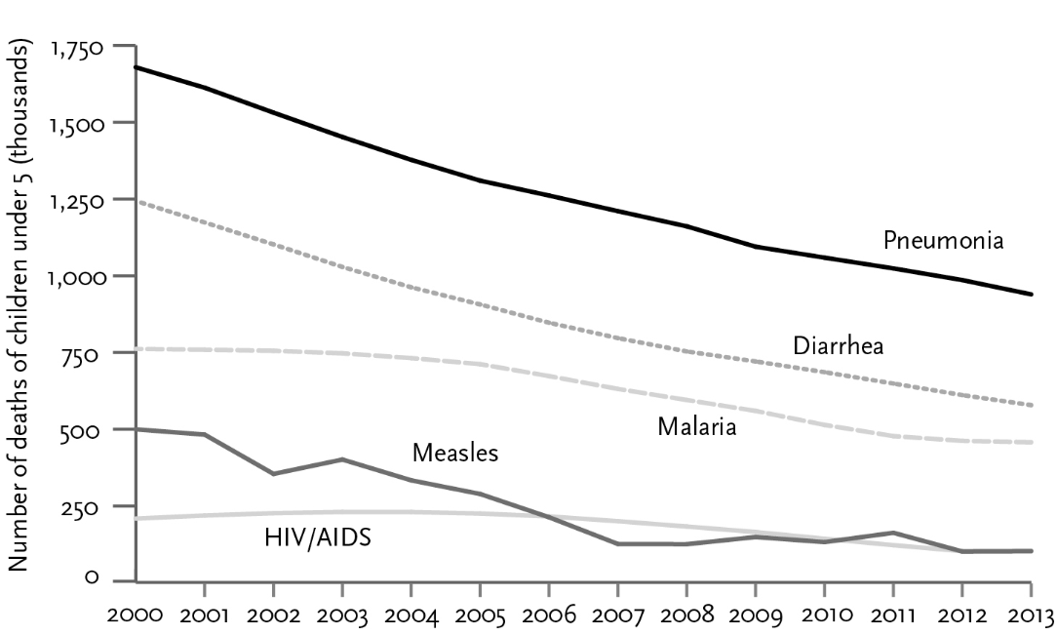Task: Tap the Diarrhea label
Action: tap(838, 346)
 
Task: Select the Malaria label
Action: tap(696, 426)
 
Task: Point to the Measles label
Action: tap(455, 454)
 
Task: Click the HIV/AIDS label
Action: tap(318, 537)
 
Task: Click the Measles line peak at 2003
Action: tap(342, 458)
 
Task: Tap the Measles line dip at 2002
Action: tap(274, 474)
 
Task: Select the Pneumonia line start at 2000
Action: tap(137, 67)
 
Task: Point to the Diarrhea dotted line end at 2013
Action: tap(1032, 405)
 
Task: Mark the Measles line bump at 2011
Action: tap(893, 533)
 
